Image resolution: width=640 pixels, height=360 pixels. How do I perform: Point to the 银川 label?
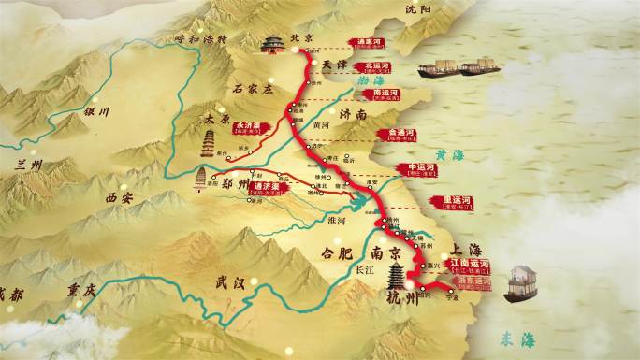(97, 111)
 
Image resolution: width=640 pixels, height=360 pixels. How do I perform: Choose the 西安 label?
(122, 198)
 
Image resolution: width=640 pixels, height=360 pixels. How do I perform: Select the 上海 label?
(466, 249)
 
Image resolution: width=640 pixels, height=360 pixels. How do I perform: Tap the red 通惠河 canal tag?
(367, 43)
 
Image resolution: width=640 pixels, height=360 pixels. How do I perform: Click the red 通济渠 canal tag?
(269, 187)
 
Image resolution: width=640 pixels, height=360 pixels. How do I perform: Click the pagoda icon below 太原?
(209, 144)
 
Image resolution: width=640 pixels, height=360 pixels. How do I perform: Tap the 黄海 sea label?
(449, 155)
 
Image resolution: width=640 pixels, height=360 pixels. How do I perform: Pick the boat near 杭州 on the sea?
(520, 284)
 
